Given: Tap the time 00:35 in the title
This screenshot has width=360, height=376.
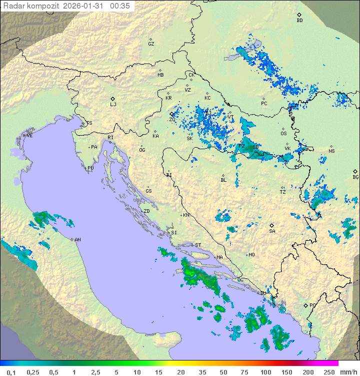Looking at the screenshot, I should click(x=120, y=6).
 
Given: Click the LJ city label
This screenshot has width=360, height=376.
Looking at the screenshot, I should click(x=113, y=104).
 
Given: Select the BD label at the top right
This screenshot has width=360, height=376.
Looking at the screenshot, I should click(x=299, y=21).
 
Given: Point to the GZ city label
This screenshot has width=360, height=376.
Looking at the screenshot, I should click(x=151, y=44).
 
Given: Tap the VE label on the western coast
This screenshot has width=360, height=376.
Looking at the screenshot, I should click(x=29, y=136).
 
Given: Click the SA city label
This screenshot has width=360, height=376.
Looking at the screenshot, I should click(x=272, y=231).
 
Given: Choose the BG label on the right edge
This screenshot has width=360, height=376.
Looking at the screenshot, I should click(x=355, y=177).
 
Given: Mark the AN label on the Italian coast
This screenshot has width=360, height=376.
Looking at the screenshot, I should click(x=77, y=240).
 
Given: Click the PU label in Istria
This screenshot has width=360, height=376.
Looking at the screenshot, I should click(x=90, y=168).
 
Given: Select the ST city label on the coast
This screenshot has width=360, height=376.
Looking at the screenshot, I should click(x=198, y=245).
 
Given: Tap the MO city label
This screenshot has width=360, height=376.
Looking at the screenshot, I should click(x=251, y=255).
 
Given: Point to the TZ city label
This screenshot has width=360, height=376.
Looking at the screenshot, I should click(x=283, y=192).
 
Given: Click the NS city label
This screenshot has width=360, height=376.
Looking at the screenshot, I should click(x=331, y=151).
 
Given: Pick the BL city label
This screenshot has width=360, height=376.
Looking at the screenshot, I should click(x=223, y=180).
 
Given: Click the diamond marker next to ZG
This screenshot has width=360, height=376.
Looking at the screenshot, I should click(x=171, y=114).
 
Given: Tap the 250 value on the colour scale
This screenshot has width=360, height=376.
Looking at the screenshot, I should click(x=328, y=372).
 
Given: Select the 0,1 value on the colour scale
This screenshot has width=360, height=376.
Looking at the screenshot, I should click(x=11, y=372).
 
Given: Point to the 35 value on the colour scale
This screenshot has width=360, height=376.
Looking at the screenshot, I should click(x=202, y=372).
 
